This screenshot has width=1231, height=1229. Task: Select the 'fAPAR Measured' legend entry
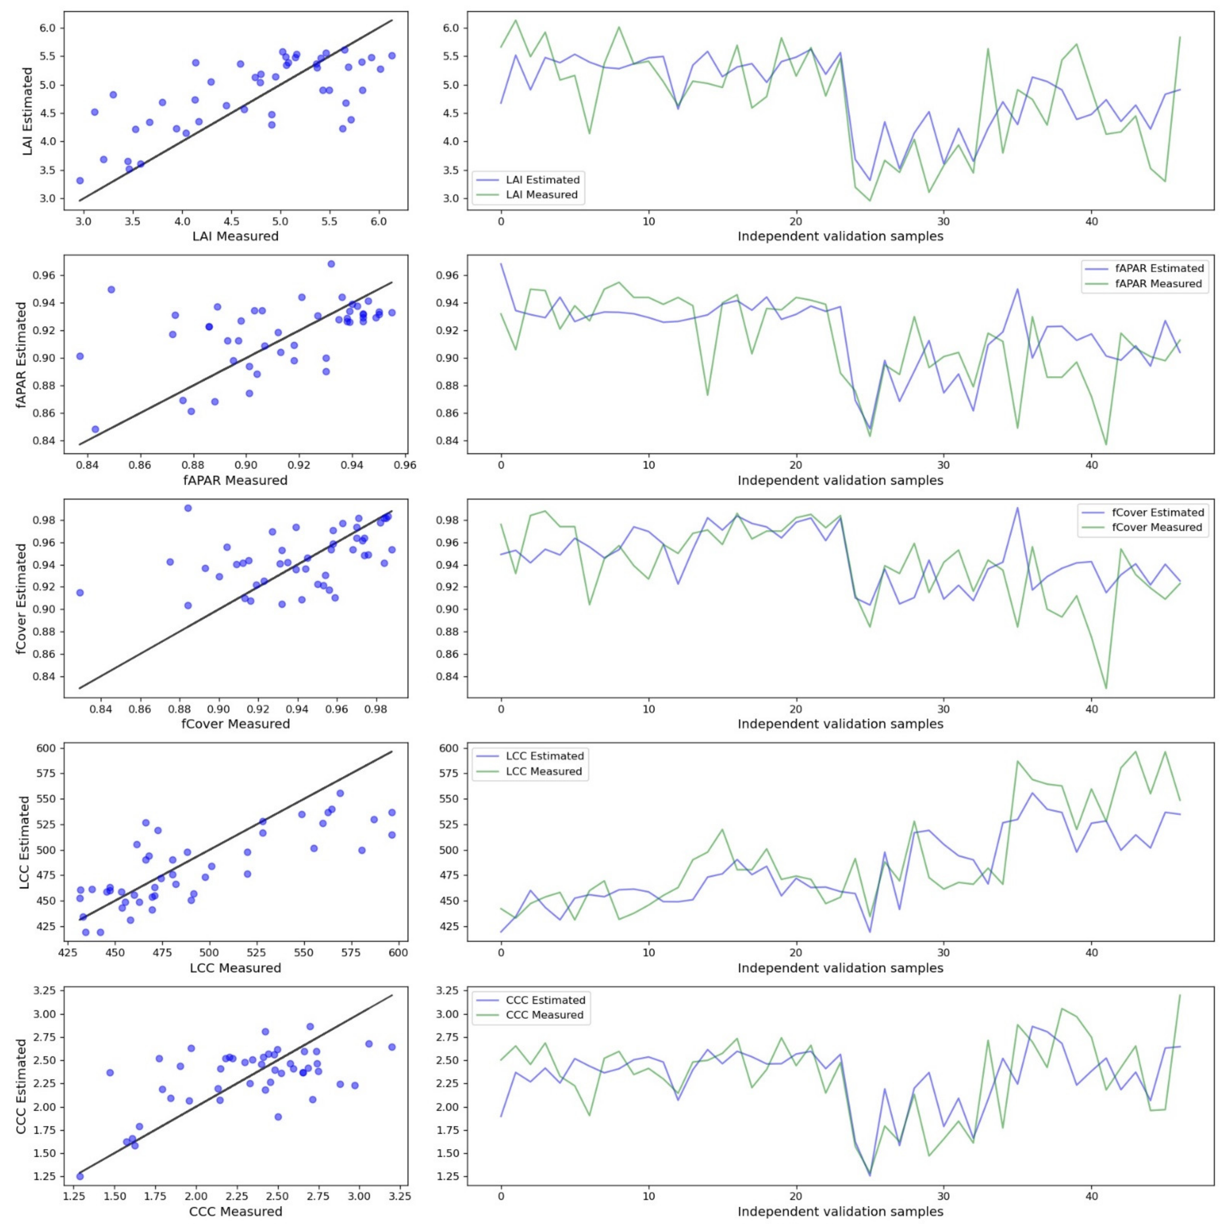(x=1158, y=284)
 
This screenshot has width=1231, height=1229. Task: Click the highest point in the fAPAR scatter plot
(x=331, y=264)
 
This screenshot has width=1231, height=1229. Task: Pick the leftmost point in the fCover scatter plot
(x=80, y=593)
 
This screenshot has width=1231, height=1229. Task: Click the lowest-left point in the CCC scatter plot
(x=80, y=1176)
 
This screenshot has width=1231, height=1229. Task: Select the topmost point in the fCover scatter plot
(x=188, y=508)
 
